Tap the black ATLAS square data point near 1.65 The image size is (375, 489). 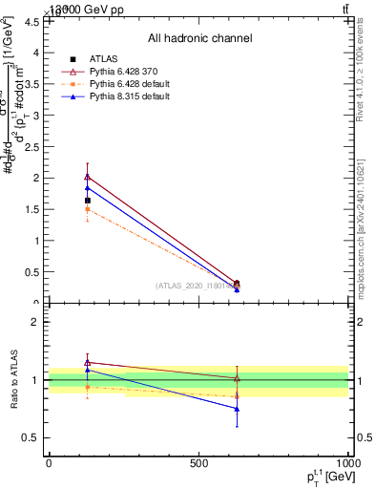point(87,201)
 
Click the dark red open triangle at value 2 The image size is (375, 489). point(87,177)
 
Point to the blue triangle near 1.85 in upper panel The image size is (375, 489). point(87,188)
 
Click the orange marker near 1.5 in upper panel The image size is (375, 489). point(87,209)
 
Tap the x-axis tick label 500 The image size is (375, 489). point(198,463)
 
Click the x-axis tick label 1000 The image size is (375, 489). point(348,463)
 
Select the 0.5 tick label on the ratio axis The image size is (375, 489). point(32,437)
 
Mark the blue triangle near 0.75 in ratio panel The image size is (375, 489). point(237,409)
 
